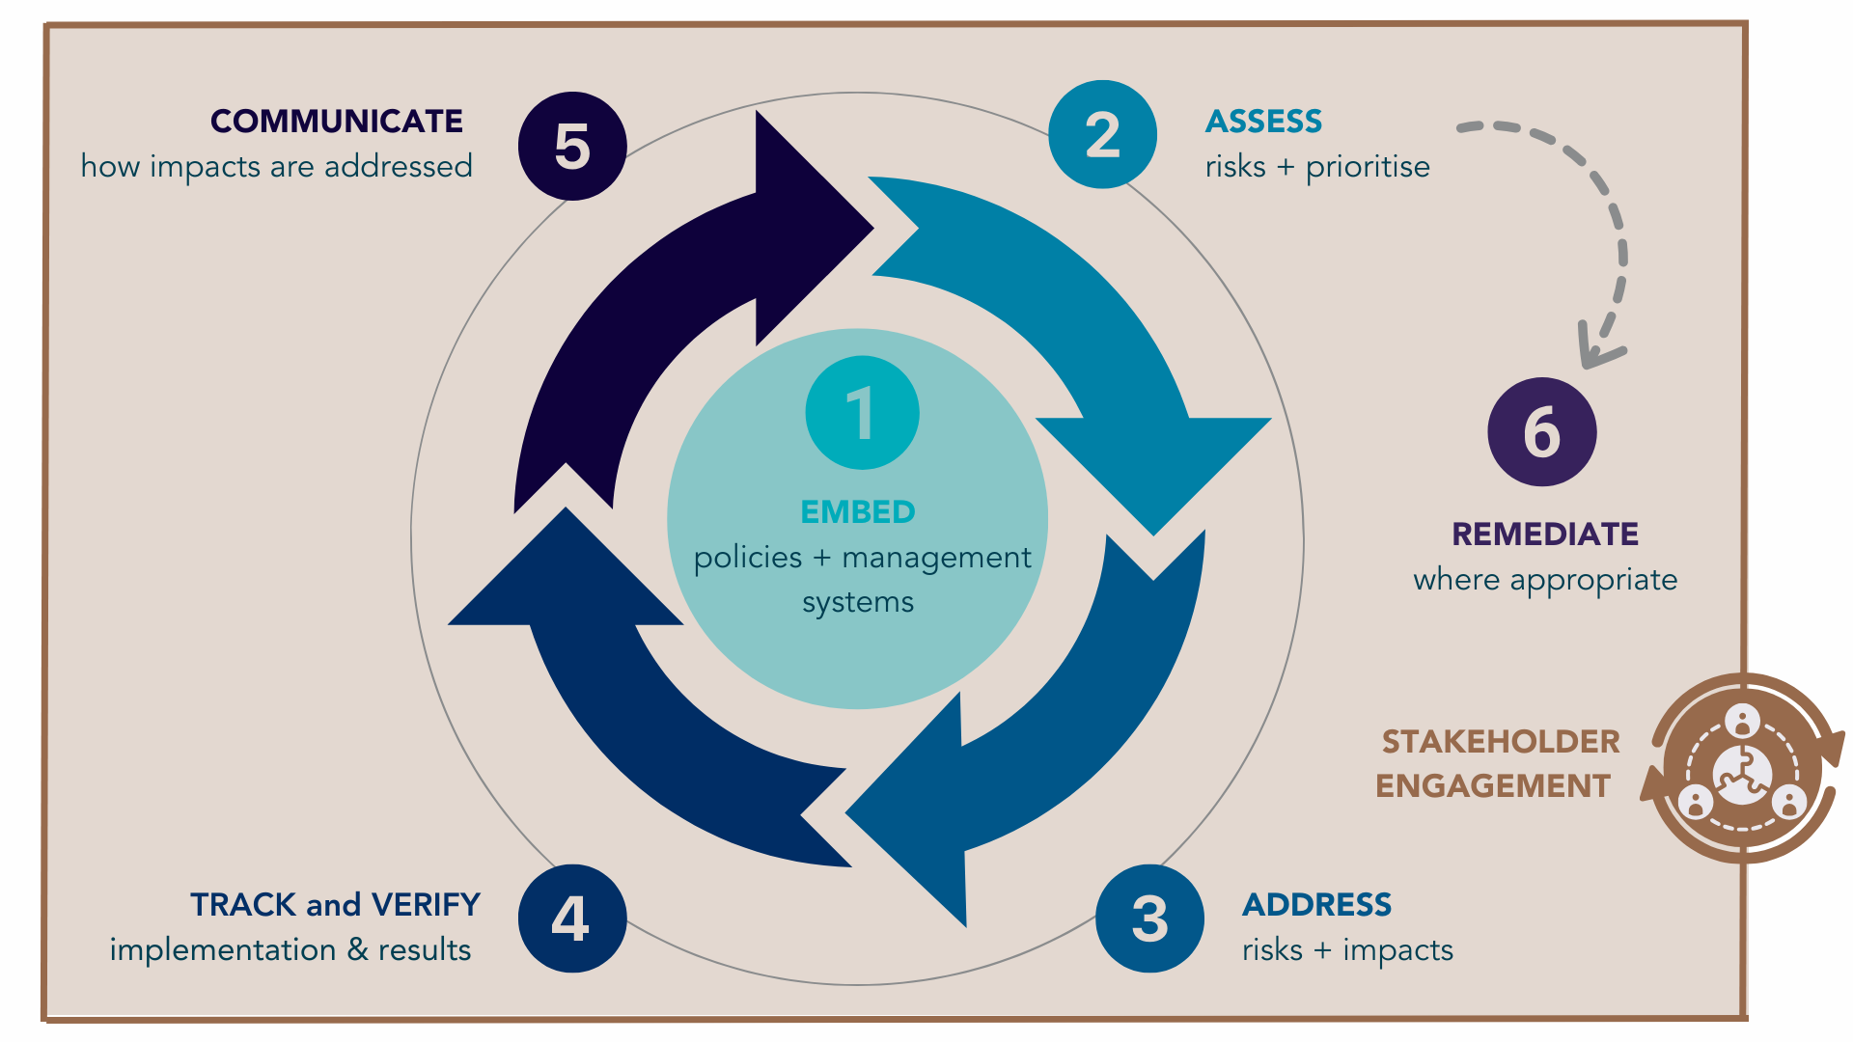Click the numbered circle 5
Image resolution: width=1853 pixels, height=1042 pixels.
[x=572, y=147]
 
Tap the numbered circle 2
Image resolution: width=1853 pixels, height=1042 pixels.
[x=1102, y=134]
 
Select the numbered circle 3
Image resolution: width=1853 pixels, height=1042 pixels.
[x=1149, y=919]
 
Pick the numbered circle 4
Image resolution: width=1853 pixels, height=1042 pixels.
[x=571, y=919]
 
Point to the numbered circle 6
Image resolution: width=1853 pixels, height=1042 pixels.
[x=1541, y=431]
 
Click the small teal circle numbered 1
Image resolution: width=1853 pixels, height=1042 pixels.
[x=862, y=413]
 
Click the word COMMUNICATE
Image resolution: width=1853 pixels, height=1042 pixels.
[x=337, y=122]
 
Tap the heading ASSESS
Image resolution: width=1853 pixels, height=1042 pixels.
[x=1263, y=122]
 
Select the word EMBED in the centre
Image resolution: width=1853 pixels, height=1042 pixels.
[x=858, y=511]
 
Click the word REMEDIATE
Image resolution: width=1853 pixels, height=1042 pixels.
[x=1544, y=535]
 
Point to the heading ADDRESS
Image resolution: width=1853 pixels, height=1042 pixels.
[x=1316, y=905]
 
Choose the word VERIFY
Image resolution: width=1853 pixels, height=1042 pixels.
[x=426, y=905]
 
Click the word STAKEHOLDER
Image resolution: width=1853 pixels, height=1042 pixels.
[x=1500, y=742]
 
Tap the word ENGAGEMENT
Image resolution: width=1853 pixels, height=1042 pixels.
[x=1493, y=786]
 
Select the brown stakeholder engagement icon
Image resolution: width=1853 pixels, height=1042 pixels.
[x=1743, y=769]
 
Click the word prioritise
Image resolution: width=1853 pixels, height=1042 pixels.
[x=1368, y=167]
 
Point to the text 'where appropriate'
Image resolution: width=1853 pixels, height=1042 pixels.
[x=1544, y=580]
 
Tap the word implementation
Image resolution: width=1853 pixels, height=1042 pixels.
[x=223, y=950]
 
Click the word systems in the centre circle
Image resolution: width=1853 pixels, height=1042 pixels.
[x=858, y=603]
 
